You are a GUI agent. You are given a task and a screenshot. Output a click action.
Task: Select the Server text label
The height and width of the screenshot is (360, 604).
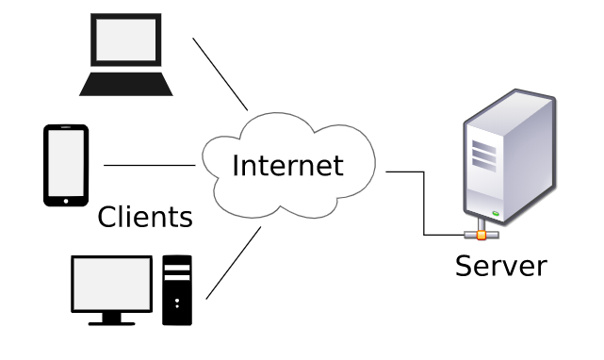(500, 265)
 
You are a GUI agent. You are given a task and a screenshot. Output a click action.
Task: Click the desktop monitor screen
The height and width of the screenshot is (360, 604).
(111, 284)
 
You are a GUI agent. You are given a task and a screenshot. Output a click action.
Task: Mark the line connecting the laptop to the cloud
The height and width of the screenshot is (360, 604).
(220, 74)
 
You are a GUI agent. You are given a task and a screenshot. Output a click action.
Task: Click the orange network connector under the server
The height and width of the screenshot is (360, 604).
(481, 234)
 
